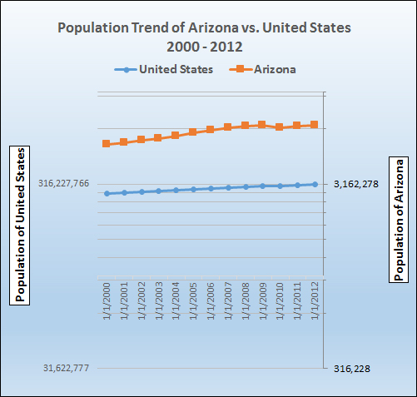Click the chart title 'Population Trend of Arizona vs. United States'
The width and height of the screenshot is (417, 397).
(204, 27)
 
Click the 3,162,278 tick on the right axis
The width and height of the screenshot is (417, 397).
(356, 184)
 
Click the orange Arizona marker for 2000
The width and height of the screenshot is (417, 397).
(107, 144)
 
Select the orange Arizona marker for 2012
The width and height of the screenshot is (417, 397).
(315, 125)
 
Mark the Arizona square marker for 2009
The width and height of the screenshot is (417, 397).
(262, 125)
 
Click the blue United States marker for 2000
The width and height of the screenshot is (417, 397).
(107, 193)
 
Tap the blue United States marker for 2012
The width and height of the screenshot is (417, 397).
(315, 184)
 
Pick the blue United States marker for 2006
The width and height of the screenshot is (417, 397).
(211, 188)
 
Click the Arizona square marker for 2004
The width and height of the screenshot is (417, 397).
(176, 136)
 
